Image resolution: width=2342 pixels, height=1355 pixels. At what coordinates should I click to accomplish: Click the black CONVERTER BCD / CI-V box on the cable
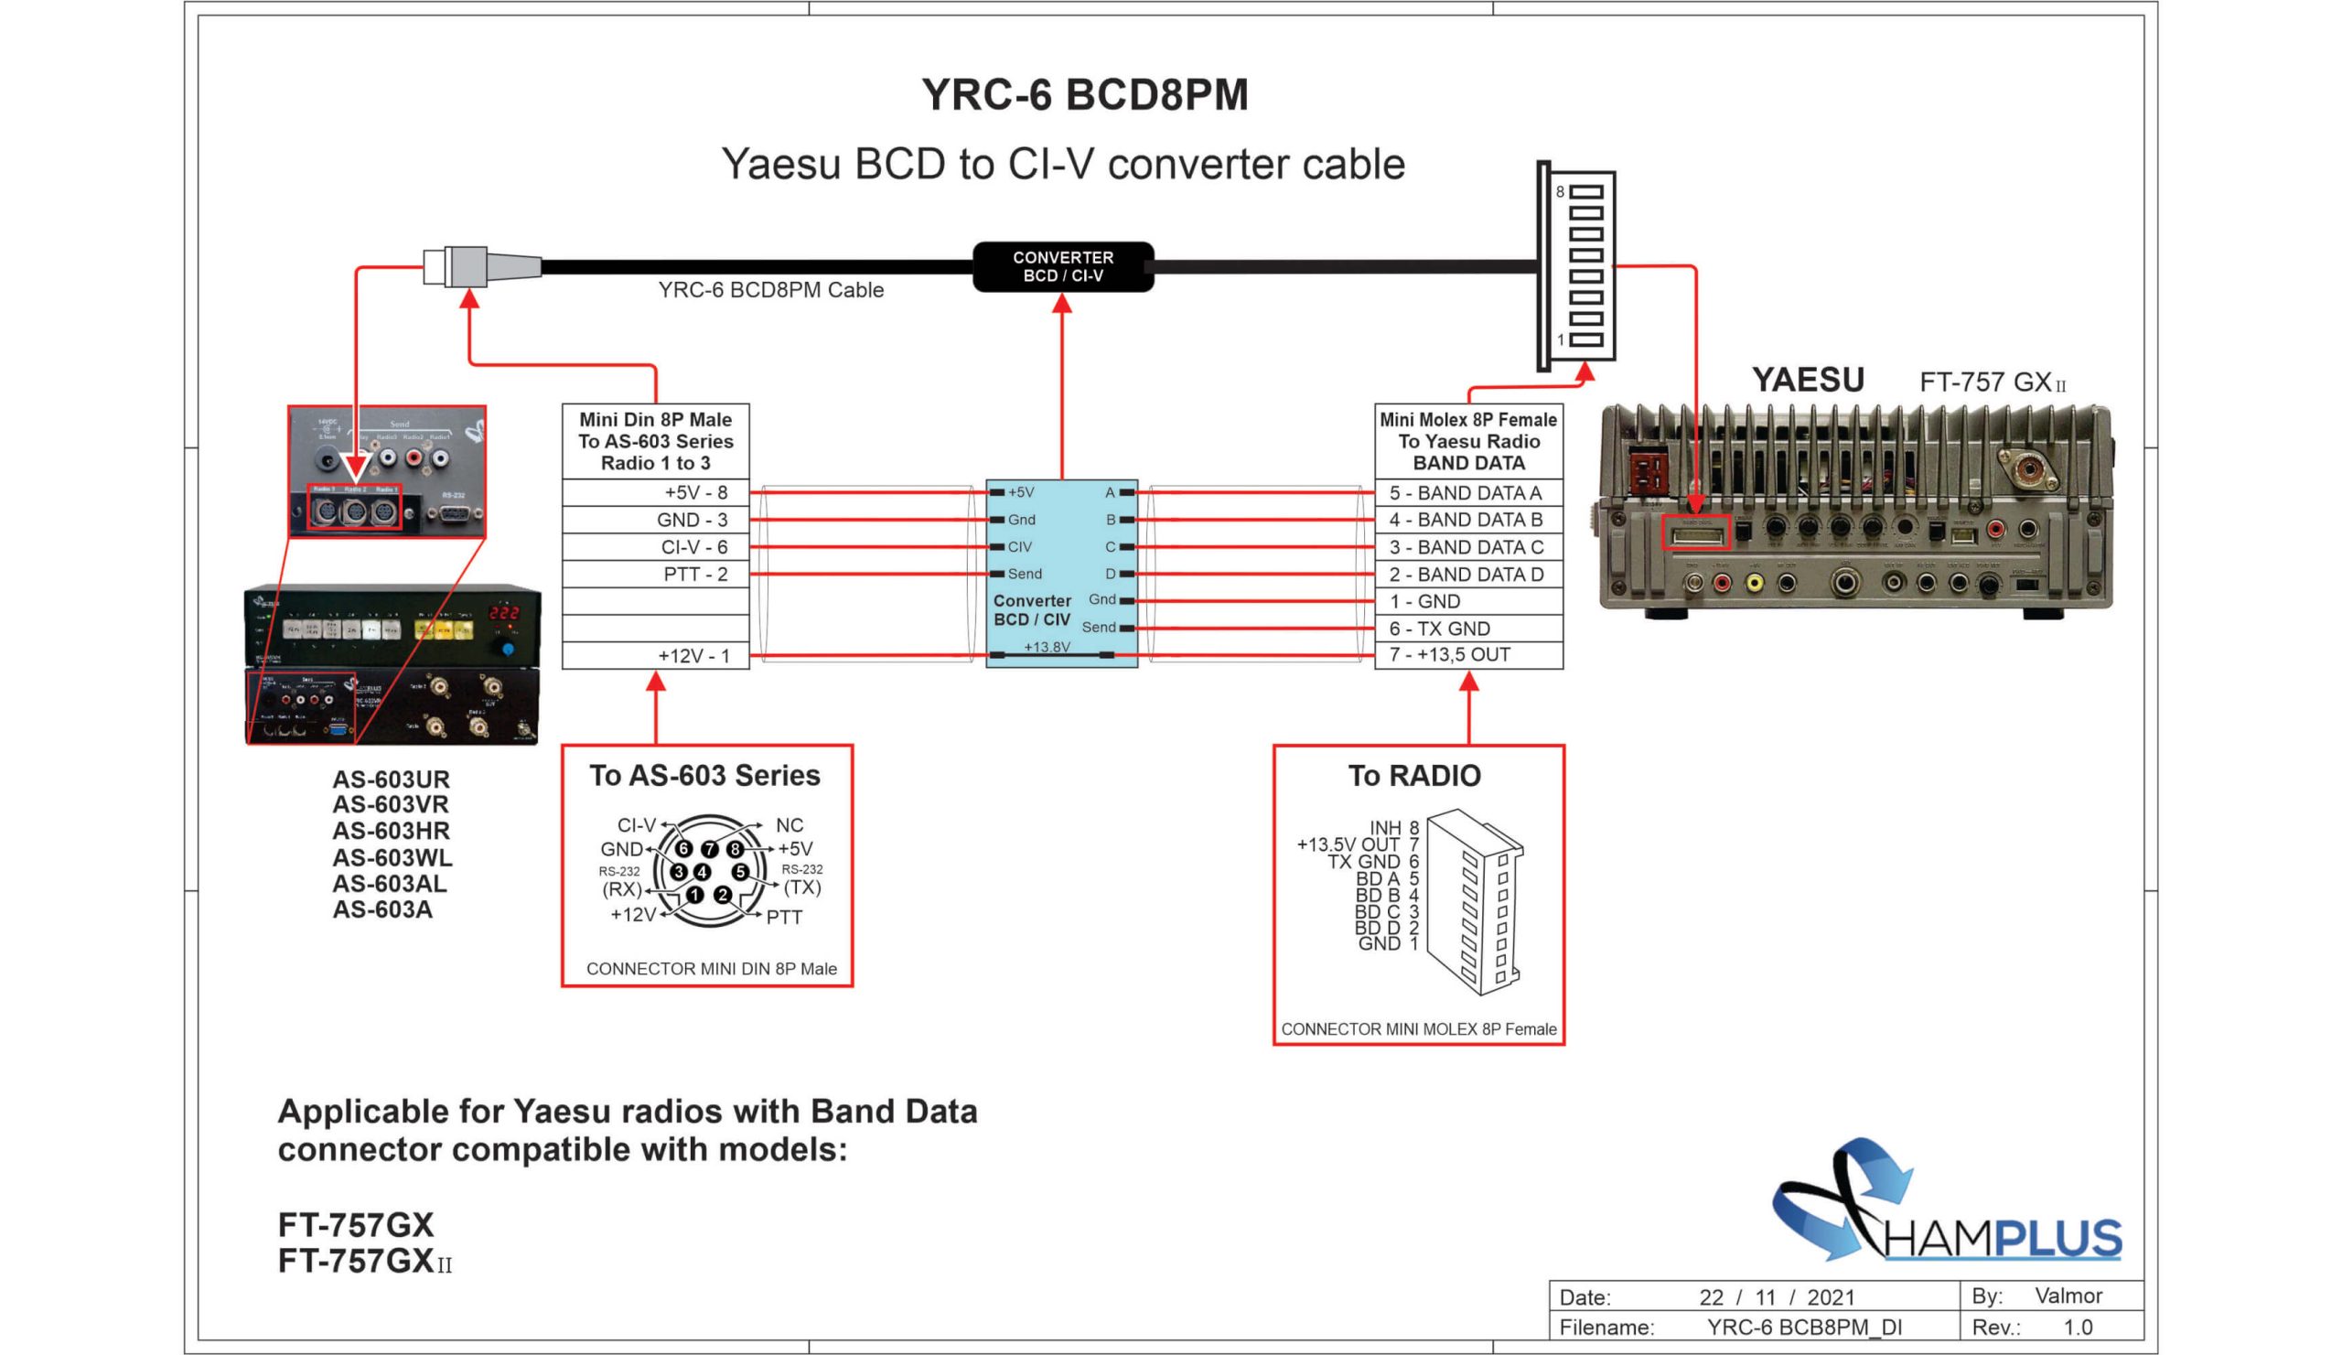click(x=1062, y=267)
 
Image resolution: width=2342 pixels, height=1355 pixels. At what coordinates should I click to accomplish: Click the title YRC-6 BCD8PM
click(x=1085, y=95)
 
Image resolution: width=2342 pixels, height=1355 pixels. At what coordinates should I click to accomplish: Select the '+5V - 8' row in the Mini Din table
click(x=655, y=492)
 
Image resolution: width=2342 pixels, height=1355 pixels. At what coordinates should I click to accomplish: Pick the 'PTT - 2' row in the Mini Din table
click(x=655, y=575)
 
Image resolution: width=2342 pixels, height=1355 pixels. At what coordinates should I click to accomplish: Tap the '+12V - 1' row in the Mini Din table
click(x=655, y=656)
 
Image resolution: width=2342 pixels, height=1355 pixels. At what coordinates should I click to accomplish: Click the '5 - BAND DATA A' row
click(x=1467, y=492)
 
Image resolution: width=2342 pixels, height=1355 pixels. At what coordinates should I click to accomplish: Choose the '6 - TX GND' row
click(x=1467, y=629)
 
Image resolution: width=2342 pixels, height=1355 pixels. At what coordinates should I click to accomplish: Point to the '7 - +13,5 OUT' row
click(x=1467, y=655)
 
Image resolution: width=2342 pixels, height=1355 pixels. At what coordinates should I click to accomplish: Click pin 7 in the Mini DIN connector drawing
click(x=709, y=848)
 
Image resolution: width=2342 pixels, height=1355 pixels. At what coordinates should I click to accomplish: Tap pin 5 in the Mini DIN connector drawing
click(x=740, y=872)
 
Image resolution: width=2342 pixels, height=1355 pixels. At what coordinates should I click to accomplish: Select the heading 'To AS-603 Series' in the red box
click(x=704, y=775)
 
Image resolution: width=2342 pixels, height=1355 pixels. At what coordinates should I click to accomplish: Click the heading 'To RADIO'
click(x=1413, y=775)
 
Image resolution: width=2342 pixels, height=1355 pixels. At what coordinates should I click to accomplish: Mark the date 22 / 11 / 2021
click(x=1776, y=1296)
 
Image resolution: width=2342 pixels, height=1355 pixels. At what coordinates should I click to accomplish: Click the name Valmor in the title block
click(x=2068, y=1296)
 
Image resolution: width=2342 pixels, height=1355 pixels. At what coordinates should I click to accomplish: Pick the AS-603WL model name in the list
click(x=392, y=857)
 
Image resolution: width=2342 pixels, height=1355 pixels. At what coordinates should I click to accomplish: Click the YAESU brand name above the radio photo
click(x=1807, y=380)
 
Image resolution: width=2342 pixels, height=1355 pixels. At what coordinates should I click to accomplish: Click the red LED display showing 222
click(x=505, y=613)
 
